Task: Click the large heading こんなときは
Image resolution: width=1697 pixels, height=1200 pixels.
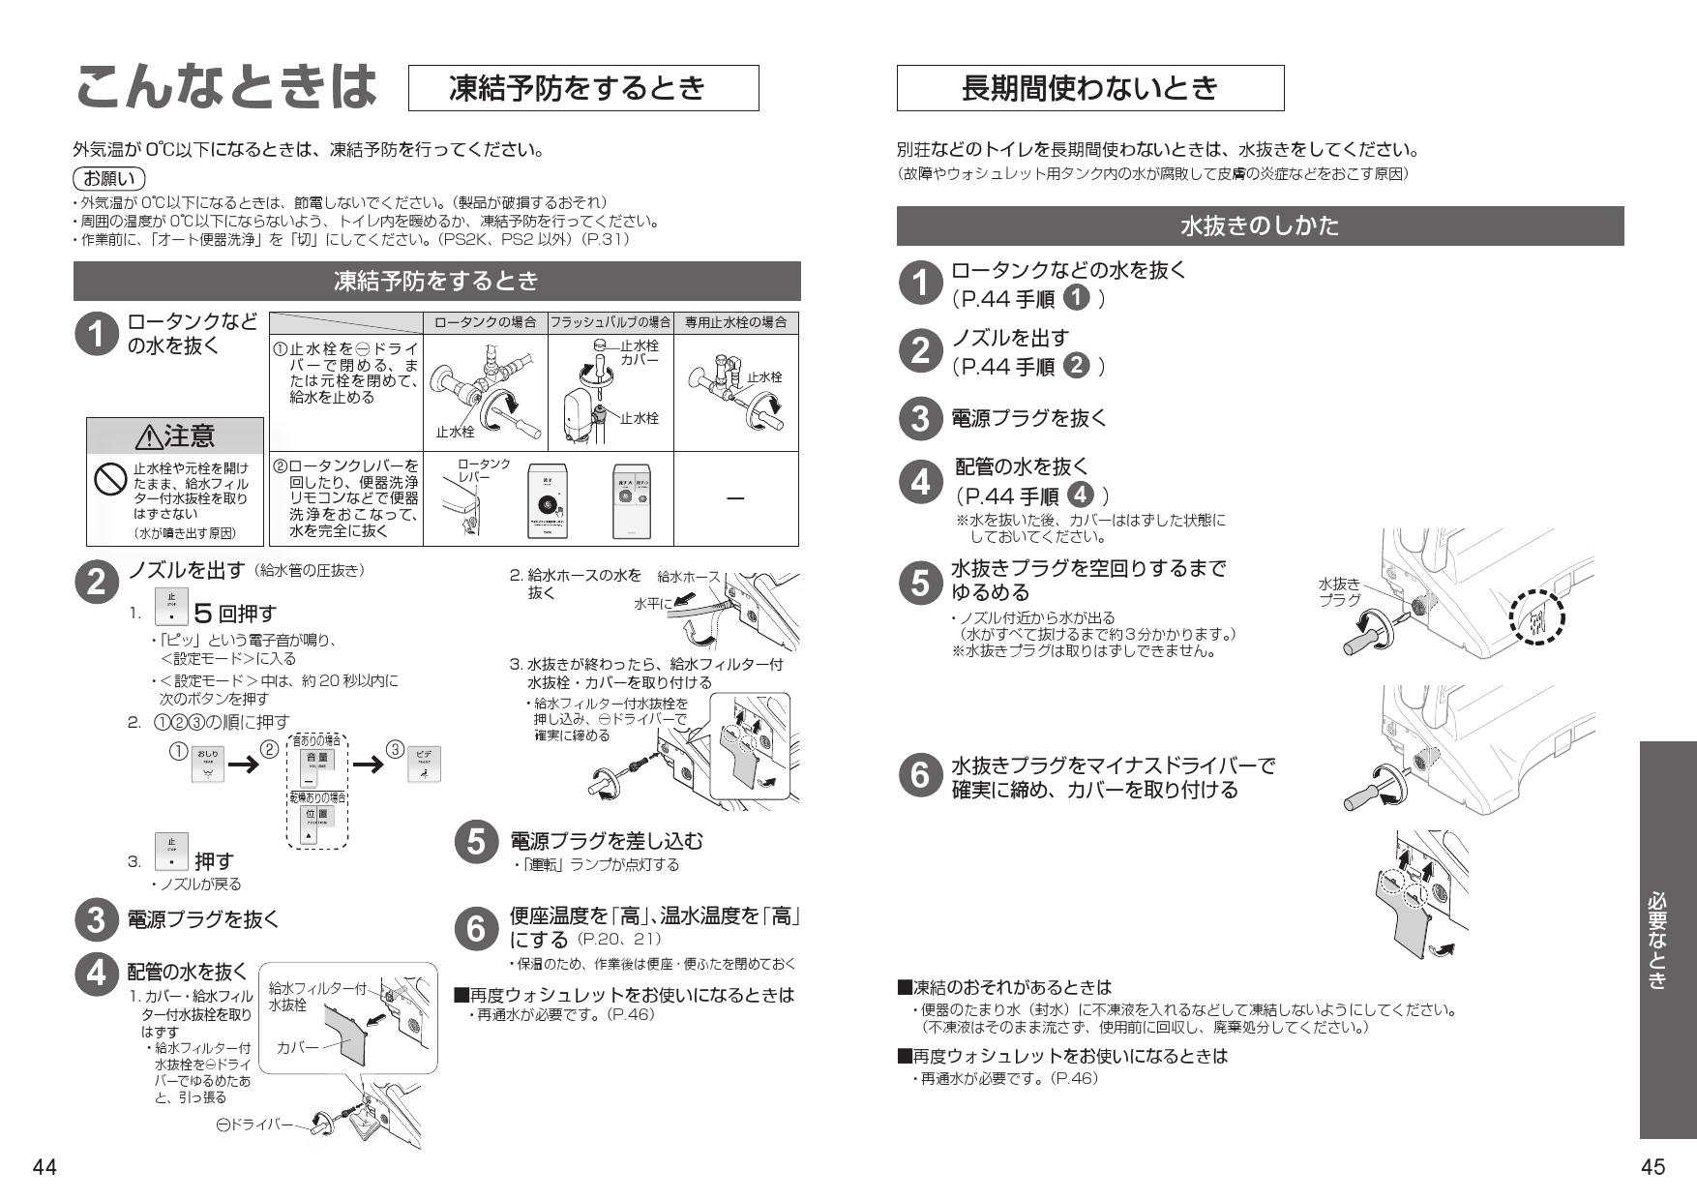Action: [224, 87]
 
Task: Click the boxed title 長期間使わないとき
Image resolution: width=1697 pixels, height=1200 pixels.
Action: [1089, 88]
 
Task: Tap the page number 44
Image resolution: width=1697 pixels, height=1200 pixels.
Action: [45, 1167]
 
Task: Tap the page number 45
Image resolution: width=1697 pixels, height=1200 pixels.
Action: [1652, 1167]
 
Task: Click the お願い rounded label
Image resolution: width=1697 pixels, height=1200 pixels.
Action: [108, 179]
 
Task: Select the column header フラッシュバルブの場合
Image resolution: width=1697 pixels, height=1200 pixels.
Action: [610, 322]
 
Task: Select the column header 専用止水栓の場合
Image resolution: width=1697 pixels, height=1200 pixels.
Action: [736, 322]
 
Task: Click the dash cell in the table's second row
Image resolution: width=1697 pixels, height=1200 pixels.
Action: [735, 498]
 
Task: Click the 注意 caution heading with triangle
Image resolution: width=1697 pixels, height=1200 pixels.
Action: [175, 436]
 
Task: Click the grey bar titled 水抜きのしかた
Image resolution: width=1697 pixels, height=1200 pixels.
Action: [1260, 226]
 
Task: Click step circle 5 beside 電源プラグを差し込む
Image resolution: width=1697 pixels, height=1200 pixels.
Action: [476, 842]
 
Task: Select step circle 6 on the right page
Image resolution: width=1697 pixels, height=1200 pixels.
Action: [919, 776]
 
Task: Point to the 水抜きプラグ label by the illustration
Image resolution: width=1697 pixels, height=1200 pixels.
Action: [1339, 591]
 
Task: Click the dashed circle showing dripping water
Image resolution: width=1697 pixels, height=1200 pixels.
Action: [1537, 616]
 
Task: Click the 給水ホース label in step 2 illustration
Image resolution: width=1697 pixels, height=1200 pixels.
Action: [688, 577]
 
